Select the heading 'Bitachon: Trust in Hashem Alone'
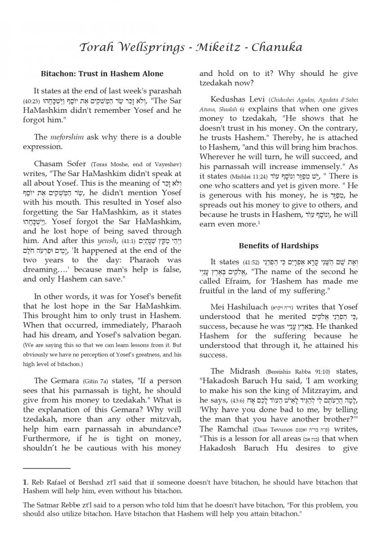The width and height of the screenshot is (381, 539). click(102, 73)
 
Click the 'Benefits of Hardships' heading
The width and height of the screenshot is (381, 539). click(279, 246)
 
